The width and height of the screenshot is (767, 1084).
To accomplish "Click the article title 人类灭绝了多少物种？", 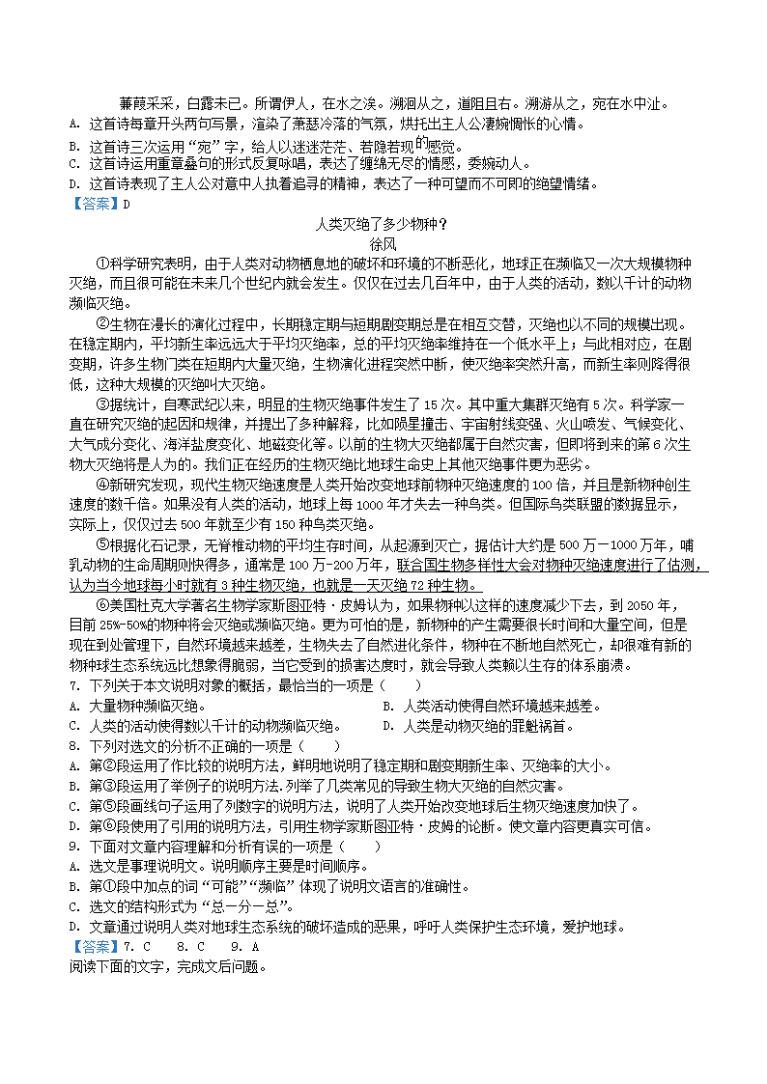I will coord(382,225).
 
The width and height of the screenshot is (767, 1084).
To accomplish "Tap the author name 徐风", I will coord(383,244).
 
